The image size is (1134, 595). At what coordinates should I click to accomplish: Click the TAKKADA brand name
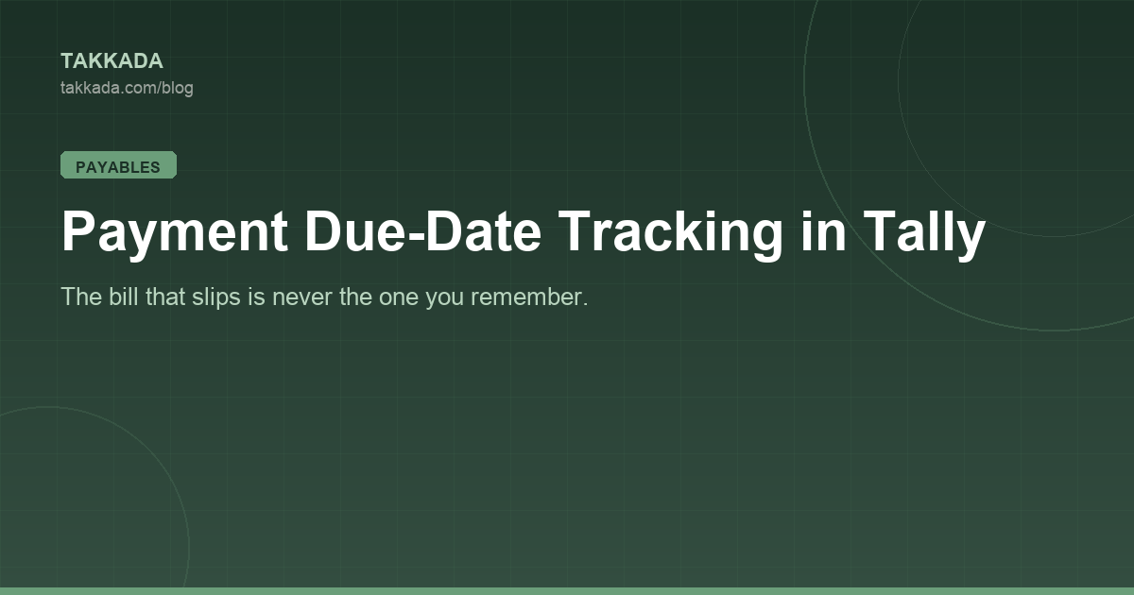[x=112, y=61]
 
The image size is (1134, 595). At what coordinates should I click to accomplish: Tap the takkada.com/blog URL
[x=127, y=88]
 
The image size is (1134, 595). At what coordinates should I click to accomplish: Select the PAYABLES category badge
[x=118, y=165]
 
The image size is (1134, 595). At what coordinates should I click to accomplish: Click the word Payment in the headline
[x=175, y=232]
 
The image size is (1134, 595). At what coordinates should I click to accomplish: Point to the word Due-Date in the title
[x=423, y=230]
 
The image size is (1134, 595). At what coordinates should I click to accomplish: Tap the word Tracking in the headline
[x=671, y=232]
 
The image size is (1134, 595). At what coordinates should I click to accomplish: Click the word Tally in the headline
[x=924, y=232]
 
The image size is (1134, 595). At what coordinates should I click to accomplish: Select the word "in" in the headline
[x=823, y=230]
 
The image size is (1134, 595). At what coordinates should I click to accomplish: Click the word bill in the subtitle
[x=124, y=297]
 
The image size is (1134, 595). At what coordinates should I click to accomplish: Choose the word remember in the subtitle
[x=526, y=297]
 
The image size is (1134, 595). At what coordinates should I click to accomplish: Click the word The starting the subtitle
[x=81, y=297]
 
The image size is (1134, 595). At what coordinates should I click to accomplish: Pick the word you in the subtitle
[x=444, y=299]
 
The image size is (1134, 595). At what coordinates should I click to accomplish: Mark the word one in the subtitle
[x=399, y=298]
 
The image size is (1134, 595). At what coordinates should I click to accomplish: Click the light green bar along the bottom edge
[x=567, y=591]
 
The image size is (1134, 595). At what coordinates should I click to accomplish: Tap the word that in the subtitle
[x=165, y=297]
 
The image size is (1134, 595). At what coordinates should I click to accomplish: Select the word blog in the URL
[x=178, y=89]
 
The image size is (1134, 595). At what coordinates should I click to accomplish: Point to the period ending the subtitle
[x=585, y=304]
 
